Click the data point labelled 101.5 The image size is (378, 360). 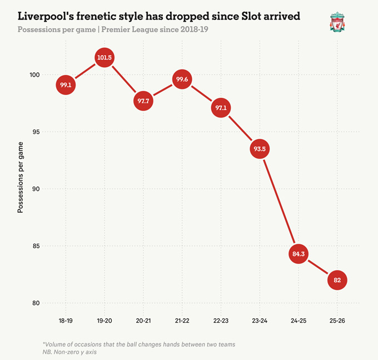105,58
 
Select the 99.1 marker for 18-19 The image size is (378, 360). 66,85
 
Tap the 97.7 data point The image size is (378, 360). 143,101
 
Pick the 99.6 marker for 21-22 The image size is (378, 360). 182,80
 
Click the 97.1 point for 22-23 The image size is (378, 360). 221,108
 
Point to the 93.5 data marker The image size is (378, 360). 259,149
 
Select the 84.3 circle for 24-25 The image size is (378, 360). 298,254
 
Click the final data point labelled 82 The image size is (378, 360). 337,280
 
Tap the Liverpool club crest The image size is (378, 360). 336,23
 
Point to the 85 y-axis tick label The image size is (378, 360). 36,246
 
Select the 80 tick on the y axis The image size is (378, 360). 36,303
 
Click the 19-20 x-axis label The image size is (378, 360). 105,321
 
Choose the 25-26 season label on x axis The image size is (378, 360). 337,321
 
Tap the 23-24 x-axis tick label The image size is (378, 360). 259,321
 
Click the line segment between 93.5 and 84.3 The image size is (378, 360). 278,201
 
